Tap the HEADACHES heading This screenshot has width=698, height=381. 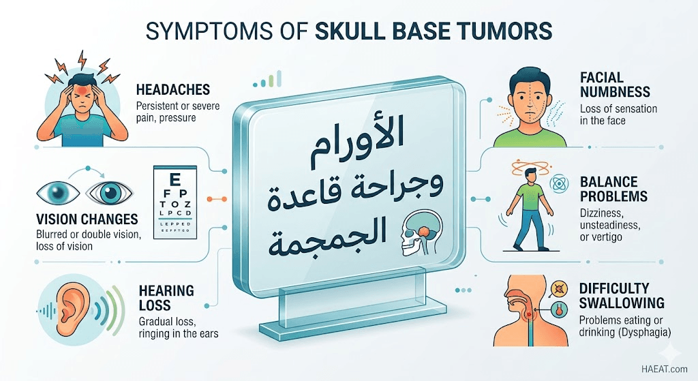[173, 89]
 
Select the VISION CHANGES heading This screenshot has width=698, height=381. [87, 219]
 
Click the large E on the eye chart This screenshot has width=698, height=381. [175, 179]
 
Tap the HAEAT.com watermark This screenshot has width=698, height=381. [665, 369]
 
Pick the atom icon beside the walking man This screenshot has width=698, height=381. [559, 184]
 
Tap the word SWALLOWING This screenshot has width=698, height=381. [622, 303]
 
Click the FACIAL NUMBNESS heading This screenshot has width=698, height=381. [615, 85]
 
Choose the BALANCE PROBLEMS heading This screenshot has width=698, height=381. [613, 189]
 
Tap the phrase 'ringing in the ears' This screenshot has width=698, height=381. [179, 333]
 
